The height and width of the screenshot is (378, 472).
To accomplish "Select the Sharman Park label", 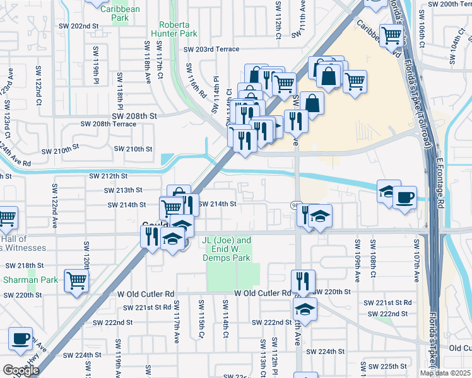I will [x=30, y=280].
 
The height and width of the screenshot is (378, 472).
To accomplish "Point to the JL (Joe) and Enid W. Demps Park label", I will [x=227, y=249].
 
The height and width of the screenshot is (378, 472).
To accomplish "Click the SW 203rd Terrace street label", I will [x=211, y=49].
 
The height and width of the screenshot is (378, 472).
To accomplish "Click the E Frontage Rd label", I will [x=440, y=183].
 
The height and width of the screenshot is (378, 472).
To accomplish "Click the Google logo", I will [x=21, y=370].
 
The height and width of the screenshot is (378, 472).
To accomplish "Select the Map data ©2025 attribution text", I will [x=444, y=373].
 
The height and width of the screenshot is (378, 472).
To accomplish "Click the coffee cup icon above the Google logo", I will [x=21, y=338].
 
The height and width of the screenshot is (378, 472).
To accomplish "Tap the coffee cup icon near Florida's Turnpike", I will [x=404, y=197].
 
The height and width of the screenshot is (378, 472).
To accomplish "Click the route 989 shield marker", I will [x=295, y=205].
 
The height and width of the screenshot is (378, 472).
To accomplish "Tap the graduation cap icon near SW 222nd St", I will [x=305, y=309].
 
